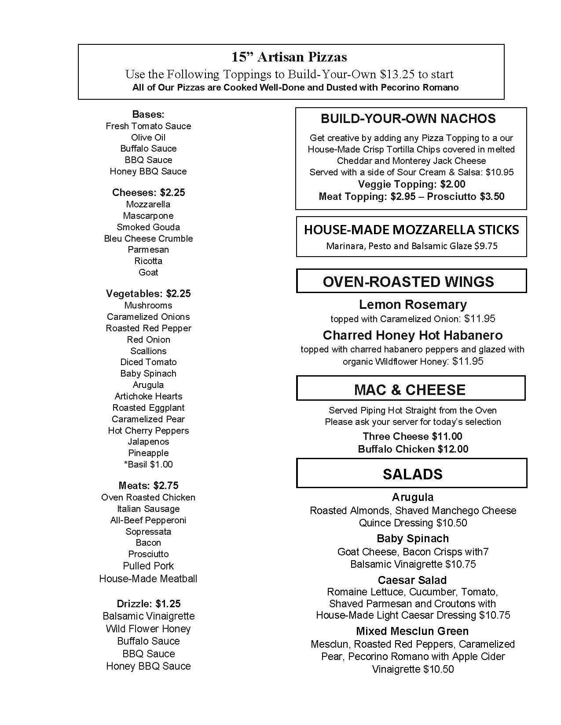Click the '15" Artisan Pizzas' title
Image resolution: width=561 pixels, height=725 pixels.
pos(289,57)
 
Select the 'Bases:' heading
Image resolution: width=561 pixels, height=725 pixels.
pos(148,115)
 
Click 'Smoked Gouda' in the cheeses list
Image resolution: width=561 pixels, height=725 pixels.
pos(148,227)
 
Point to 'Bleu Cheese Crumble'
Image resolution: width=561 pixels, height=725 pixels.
pos(148,239)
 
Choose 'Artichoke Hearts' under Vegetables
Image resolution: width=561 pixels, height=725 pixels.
pos(148,396)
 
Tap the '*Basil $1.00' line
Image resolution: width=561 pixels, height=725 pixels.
pos(148,464)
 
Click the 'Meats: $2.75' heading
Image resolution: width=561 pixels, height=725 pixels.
pos(148,486)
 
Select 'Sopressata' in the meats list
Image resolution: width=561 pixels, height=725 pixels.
pos(148,532)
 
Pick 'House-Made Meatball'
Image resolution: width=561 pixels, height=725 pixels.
pos(148,579)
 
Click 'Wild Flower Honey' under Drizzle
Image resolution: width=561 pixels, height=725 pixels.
pos(148,629)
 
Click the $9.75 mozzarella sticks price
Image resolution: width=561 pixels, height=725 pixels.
pos(486,246)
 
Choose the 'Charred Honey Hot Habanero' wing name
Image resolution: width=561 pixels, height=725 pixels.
pos(412,335)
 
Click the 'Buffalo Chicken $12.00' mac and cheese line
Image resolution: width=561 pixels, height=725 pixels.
pos(413,449)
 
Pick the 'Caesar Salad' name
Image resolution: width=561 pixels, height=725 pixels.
pos(412,580)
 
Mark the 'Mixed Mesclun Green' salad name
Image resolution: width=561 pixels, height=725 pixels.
pos(412,631)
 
